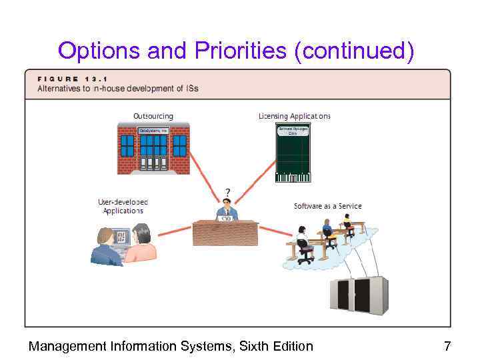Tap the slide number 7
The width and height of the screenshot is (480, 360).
[x=447, y=346]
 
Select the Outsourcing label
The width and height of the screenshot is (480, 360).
[x=153, y=116]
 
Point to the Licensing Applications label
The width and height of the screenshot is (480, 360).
[x=294, y=116]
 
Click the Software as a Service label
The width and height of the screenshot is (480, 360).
[x=327, y=206]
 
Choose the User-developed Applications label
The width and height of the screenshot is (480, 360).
[x=123, y=206]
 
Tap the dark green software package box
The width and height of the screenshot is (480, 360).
[x=293, y=153]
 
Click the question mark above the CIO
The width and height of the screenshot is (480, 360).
[x=227, y=191]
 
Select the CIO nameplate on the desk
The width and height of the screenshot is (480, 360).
[x=226, y=218]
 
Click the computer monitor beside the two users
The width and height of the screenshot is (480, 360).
[x=122, y=239]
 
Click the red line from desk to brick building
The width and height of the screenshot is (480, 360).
[x=203, y=176]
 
